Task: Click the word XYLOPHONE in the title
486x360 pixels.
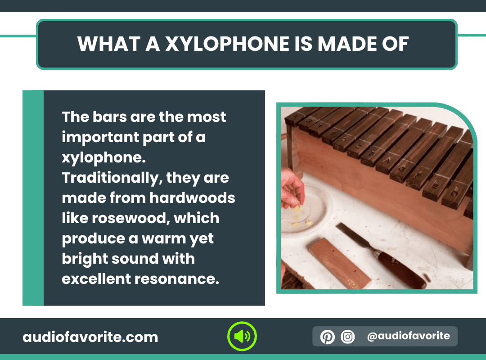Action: pos(227,44)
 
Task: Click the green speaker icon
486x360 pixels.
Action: pos(242,336)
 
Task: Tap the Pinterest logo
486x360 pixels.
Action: pos(327,337)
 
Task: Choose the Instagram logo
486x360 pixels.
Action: pos(348,337)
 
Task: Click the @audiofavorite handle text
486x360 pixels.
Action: pos(408,336)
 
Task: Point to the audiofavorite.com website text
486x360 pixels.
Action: pos(90,337)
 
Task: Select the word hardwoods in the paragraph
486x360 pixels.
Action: pos(192,198)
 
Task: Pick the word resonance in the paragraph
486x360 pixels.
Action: pos(177,279)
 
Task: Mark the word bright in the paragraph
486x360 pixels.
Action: pos(84,259)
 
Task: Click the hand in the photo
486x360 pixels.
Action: pos(292,189)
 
